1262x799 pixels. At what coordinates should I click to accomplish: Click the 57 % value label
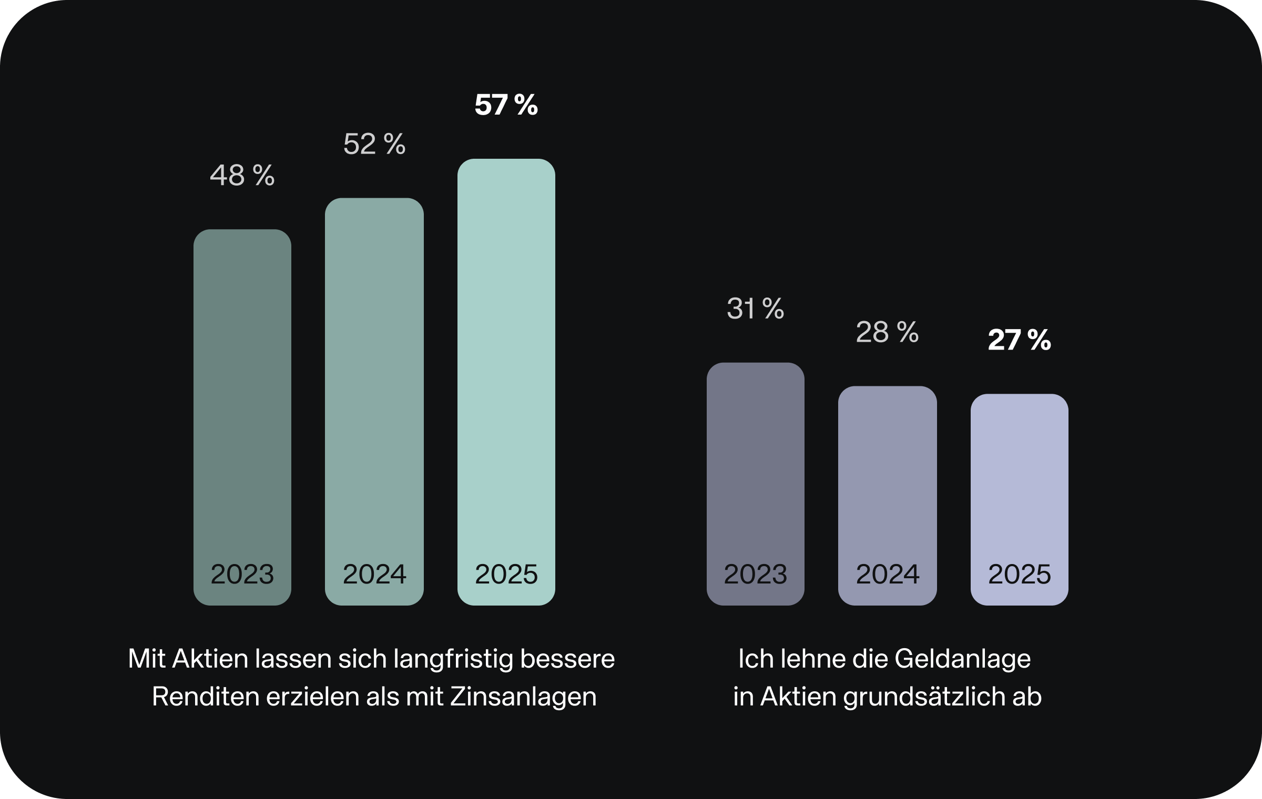click(506, 105)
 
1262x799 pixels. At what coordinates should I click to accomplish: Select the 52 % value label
click(374, 144)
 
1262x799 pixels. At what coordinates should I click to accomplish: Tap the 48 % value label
click(242, 175)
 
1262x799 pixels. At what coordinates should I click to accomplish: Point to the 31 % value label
click(755, 309)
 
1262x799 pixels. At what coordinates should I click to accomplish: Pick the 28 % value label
click(887, 332)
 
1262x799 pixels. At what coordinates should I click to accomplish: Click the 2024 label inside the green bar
click(374, 574)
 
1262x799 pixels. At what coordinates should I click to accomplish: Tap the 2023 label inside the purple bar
click(755, 574)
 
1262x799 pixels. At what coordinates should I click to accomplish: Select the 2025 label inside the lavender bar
click(1019, 574)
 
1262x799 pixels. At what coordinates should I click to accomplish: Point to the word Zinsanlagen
click(523, 697)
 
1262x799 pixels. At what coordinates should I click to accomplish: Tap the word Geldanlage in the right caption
click(962, 659)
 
